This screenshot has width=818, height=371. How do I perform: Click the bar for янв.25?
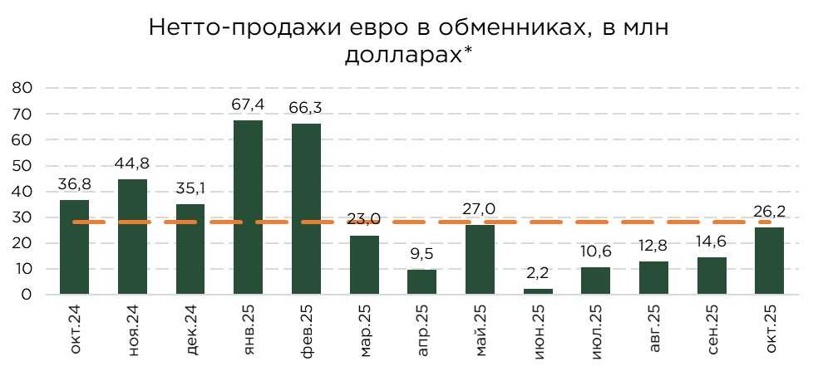[248, 207]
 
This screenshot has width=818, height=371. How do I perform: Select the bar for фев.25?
[306, 209]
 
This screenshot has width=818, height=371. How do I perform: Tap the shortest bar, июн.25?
[538, 291]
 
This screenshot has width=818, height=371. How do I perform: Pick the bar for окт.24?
[74, 247]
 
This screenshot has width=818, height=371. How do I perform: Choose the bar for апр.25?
[421, 282]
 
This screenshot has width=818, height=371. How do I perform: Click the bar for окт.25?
[769, 261]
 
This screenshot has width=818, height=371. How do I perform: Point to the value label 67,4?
[248, 105]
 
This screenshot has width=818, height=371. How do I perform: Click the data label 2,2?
[538, 274]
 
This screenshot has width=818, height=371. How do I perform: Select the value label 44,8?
[132, 164]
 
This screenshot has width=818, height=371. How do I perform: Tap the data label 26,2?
[769, 212]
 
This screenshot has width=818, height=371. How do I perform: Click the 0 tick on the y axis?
[27, 295]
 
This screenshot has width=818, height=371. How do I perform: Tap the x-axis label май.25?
[480, 330]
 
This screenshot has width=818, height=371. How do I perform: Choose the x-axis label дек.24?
[190, 330]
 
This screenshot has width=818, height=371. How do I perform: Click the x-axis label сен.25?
[712, 330]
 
